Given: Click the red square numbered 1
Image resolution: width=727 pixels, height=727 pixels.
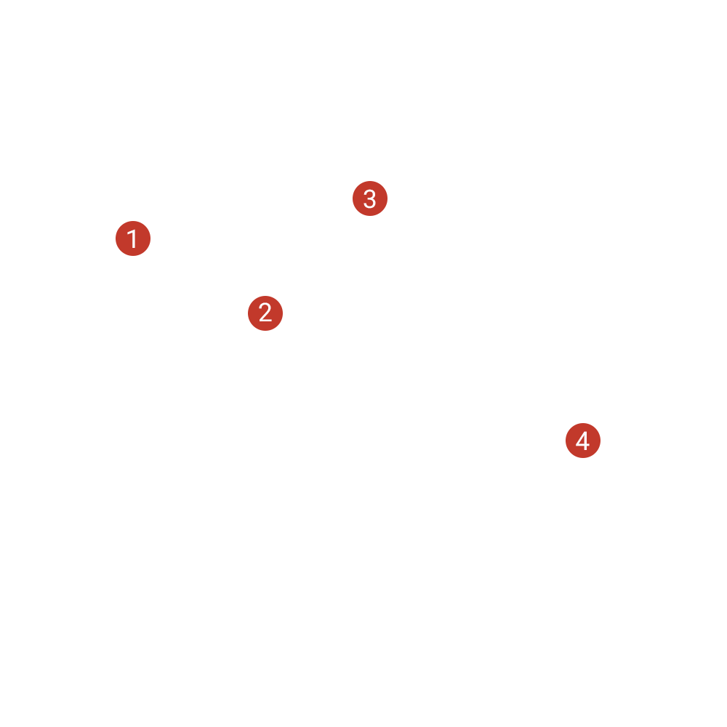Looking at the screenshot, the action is tap(133, 238).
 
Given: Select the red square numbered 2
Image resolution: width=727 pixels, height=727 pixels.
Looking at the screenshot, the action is tap(265, 313).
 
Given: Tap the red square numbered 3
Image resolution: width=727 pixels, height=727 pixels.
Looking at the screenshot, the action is tap(370, 198).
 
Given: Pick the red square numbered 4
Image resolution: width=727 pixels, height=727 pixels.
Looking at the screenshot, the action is tap(583, 441).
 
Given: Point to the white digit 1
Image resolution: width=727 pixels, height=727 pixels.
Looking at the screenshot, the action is tap(132, 238).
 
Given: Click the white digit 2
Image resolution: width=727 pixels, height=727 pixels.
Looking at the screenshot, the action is tap(265, 313).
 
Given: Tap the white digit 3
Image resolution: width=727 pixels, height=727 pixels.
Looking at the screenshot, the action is tap(370, 198).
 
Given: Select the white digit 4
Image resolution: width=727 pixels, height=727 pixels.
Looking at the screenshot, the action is tap(583, 441).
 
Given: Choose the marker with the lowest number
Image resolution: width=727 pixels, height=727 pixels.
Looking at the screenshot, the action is tap(133, 238).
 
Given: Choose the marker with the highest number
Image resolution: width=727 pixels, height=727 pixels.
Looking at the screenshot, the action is tap(583, 441).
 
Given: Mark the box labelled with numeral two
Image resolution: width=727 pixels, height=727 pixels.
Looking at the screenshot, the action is tap(265, 313).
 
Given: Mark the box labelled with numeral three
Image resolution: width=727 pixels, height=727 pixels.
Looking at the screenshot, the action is tap(370, 198).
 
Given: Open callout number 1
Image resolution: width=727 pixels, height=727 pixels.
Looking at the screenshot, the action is tap(133, 238).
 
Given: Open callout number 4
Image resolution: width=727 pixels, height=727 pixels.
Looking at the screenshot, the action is tap(583, 441).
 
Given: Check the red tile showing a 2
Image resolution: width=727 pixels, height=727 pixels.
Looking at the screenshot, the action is tap(265, 313).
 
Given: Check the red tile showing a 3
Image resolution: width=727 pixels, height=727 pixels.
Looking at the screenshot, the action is tap(370, 198).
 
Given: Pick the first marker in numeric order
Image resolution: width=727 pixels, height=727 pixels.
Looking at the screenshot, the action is tap(133, 238).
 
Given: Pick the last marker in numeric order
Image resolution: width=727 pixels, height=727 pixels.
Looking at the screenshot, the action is tap(583, 441).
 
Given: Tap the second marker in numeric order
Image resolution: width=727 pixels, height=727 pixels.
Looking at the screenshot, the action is tap(265, 313).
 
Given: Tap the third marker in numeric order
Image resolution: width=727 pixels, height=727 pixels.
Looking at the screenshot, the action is tap(370, 198).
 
